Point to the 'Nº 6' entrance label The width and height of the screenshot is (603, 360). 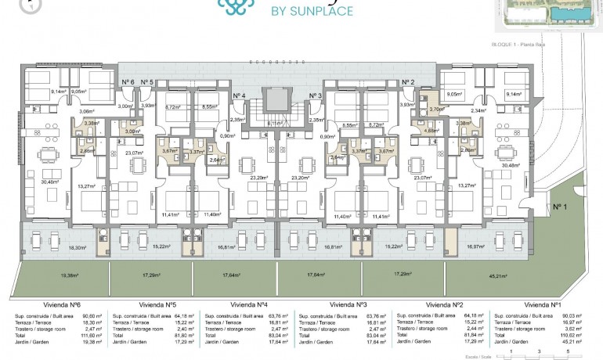click(128, 82)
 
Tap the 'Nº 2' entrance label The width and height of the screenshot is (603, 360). click(407, 82)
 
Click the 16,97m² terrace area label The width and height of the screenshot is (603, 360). click(475, 246)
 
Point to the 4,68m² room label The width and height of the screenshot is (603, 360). click(429, 131)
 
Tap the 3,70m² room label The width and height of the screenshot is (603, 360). click(436, 110)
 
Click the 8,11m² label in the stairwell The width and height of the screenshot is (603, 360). click(274, 123)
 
